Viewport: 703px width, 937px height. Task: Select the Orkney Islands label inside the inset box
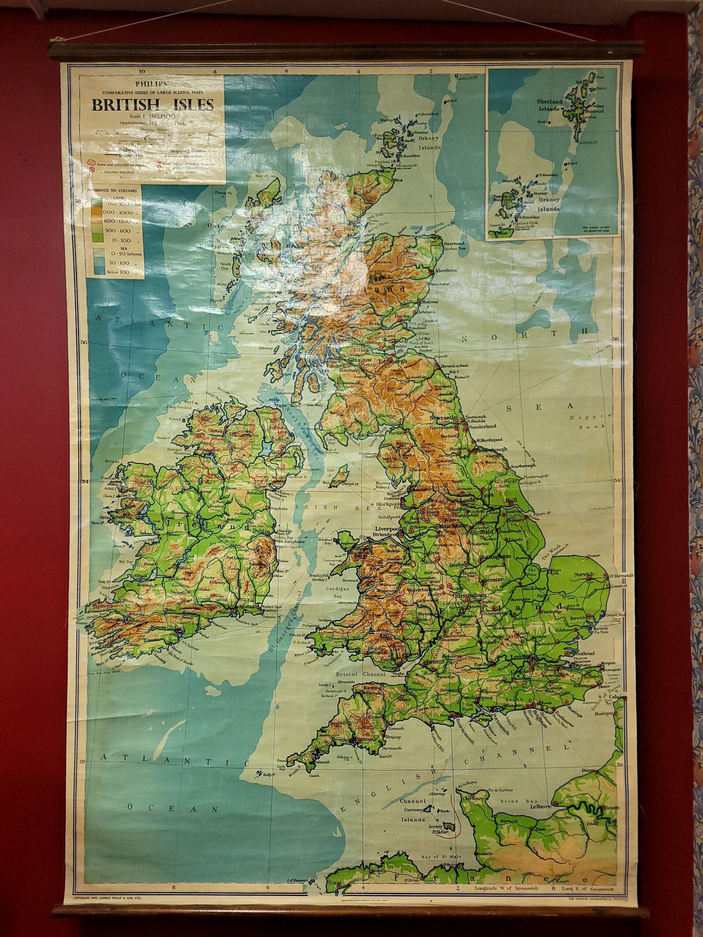pos(548,204)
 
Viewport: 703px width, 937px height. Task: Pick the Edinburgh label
pos(395,361)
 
